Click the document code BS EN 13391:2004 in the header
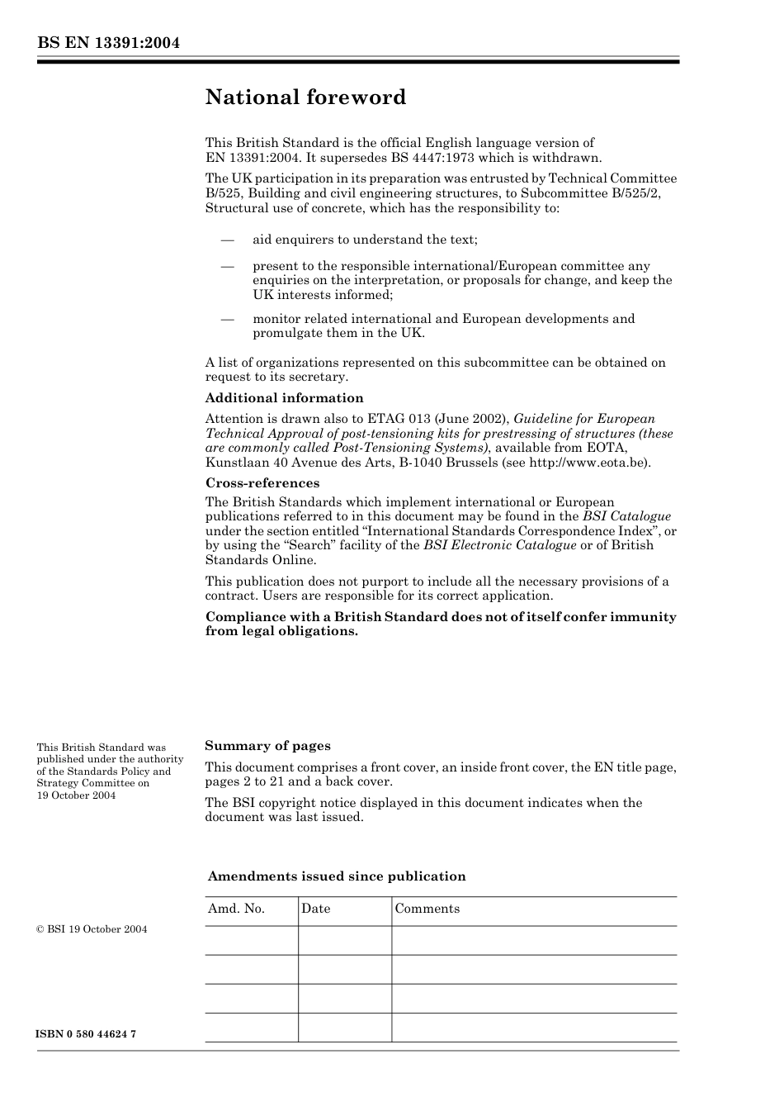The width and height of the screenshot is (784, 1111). point(108,43)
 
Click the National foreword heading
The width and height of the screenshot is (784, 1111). point(305,97)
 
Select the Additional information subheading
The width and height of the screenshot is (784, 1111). point(284,398)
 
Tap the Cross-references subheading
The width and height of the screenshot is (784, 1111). point(262,483)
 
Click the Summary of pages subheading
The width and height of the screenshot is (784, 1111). point(267,746)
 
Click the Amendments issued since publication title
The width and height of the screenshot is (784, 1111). point(337,876)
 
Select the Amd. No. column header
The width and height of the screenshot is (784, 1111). point(236,909)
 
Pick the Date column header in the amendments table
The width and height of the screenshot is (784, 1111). point(315,909)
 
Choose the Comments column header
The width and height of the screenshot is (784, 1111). point(427,909)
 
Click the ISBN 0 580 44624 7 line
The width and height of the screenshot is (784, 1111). point(86,1035)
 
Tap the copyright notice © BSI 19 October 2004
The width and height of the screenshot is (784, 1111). point(92,929)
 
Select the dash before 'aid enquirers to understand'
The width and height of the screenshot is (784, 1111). point(227,240)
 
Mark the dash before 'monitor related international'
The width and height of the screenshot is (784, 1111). point(227,319)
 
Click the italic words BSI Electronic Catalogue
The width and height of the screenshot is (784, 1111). point(499,545)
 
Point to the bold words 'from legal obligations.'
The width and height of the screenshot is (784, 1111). point(281,631)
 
